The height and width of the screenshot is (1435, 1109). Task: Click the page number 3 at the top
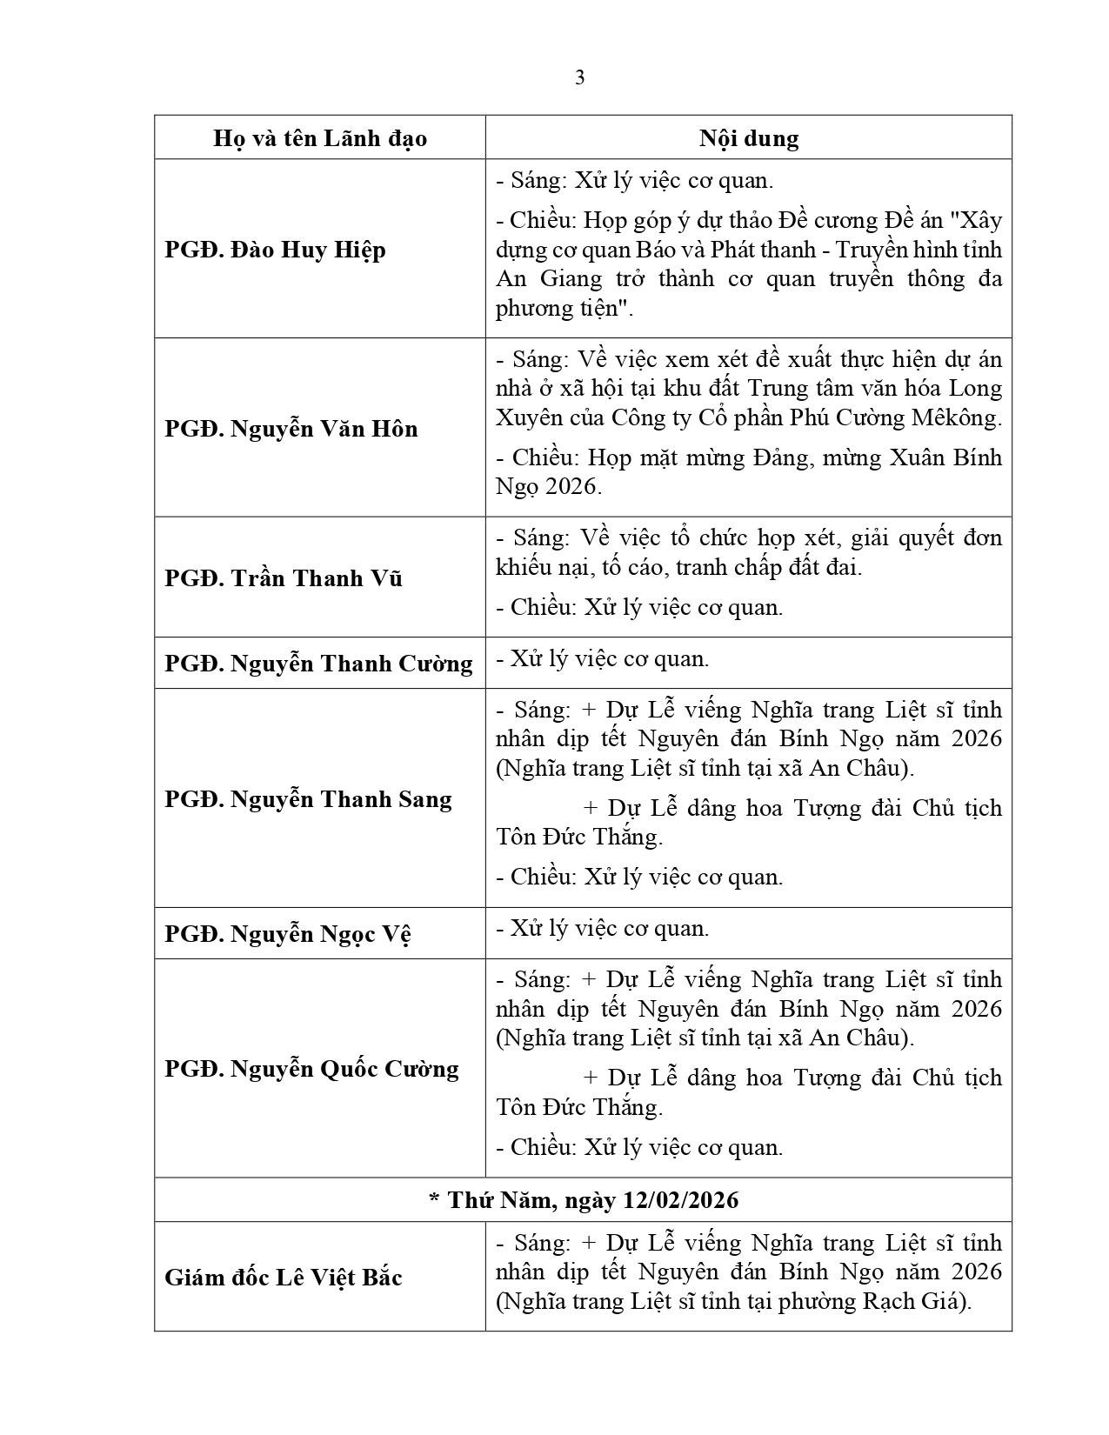tap(580, 78)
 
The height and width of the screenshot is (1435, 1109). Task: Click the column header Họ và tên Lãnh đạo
tap(319, 138)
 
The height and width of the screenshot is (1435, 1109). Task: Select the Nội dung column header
tap(748, 138)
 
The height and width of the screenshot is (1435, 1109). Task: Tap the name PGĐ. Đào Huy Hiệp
tap(275, 250)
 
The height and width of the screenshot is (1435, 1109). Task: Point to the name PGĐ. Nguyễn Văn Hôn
tap(291, 429)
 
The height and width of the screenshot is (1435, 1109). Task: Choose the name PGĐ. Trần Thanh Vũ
tap(283, 578)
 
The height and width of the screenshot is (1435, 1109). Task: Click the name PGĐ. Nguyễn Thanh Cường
tap(318, 664)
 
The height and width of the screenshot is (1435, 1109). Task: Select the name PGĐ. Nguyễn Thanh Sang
tap(308, 799)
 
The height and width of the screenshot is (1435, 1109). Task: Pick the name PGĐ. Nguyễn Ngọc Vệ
tap(287, 934)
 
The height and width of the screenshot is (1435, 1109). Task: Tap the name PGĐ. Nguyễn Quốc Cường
tap(311, 1069)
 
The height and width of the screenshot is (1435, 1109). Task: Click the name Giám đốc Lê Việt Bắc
tap(283, 1278)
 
